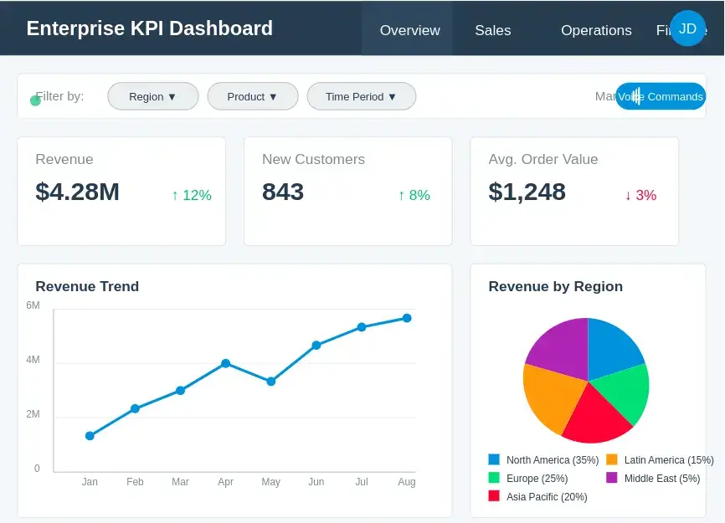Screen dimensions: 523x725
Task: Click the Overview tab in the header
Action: [x=409, y=30]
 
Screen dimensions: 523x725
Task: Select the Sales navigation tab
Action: [x=492, y=30]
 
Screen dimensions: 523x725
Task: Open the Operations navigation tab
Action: [x=596, y=30]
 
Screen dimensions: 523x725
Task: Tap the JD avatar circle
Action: [x=687, y=28]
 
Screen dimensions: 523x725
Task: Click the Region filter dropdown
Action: [x=152, y=96]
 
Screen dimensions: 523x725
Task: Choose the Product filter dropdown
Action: [x=252, y=96]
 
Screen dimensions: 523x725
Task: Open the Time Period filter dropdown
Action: [x=361, y=96]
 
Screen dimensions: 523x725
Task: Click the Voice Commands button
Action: [x=661, y=96]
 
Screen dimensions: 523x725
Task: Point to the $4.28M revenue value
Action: [x=78, y=192]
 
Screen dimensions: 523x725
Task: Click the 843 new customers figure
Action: [x=283, y=192]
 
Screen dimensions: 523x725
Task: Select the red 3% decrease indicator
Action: [x=640, y=195]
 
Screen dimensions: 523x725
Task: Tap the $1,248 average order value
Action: [x=527, y=192]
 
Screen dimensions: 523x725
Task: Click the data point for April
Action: [x=225, y=363]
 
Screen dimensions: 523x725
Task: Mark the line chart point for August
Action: [x=407, y=318]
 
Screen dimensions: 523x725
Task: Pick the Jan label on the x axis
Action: [x=90, y=482]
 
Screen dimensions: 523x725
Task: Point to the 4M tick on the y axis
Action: [x=33, y=360]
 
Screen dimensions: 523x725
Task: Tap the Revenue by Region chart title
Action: [x=555, y=286]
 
